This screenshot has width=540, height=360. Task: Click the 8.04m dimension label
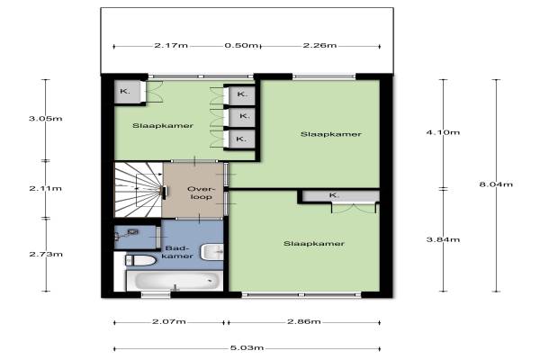click(x=496, y=184)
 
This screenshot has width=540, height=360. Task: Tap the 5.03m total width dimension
click(x=247, y=348)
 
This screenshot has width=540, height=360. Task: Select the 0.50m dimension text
click(x=241, y=46)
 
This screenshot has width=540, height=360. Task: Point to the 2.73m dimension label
click(x=46, y=254)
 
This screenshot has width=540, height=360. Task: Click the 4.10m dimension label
click(x=443, y=132)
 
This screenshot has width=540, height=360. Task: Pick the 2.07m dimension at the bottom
click(x=169, y=322)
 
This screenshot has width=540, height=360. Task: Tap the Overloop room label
click(x=201, y=193)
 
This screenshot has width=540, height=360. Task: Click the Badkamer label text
click(x=177, y=252)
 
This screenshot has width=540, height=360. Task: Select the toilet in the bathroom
click(x=141, y=260)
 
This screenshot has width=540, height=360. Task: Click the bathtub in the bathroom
click(x=175, y=281)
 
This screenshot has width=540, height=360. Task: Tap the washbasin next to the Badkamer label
click(x=212, y=252)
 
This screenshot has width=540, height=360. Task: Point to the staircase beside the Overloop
click(x=139, y=190)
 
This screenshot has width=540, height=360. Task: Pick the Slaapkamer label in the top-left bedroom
click(x=163, y=126)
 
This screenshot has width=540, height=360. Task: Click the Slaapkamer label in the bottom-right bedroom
click(x=314, y=244)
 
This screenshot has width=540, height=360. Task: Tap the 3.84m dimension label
click(x=443, y=239)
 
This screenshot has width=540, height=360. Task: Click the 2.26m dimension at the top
click(x=319, y=46)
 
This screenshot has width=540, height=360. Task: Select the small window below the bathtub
click(x=156, y=294)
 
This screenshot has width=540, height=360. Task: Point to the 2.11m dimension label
click(x=46, y=188)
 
